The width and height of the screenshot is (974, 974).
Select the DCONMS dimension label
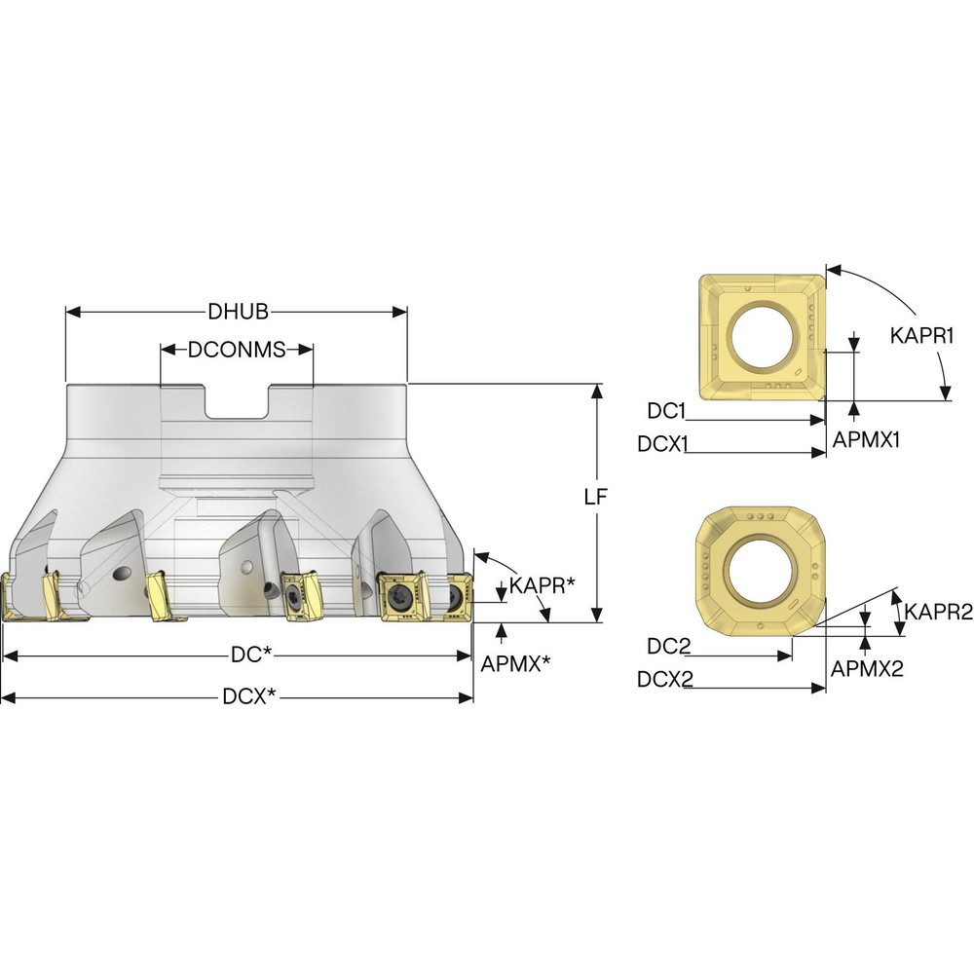pos(237,350)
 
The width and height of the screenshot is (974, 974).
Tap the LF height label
pos(595,497)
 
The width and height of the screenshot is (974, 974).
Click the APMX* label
pos(516,662)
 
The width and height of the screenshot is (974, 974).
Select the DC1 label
pos(667,411)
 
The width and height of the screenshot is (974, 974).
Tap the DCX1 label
pos(663,444)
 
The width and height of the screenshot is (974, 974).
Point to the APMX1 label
pos(866,439)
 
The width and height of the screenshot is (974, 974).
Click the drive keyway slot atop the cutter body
pos(237,403)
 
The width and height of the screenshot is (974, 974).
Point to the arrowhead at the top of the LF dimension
pos(596,391)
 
